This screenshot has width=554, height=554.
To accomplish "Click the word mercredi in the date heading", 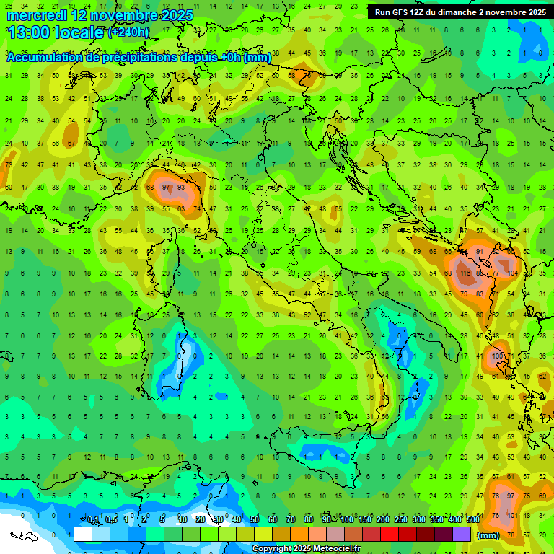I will [32, 15].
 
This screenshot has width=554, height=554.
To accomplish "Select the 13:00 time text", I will [30, 32].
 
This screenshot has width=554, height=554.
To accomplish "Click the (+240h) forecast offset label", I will [128, 32].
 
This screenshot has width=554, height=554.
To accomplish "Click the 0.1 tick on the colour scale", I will [93, 520].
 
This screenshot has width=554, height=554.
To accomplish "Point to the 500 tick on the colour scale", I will [473, 520].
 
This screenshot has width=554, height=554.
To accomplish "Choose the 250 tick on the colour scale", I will [400, 520].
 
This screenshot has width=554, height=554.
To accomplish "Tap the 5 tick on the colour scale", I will [163, 520].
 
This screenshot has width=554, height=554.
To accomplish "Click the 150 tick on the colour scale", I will [364, 520].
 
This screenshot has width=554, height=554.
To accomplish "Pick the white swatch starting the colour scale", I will [83, 534].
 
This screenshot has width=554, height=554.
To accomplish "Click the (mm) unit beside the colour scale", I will [488, 535].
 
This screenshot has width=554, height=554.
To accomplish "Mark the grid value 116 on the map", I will [464, 274].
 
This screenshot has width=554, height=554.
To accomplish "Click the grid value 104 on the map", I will [513, 274].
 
